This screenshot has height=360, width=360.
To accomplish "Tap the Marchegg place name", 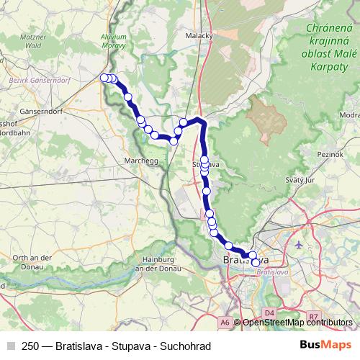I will pos(141,161).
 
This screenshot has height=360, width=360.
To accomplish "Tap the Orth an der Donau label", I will pos(25,262).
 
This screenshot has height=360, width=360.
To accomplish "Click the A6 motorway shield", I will pos(225,323).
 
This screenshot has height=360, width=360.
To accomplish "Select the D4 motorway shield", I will pos(269,312).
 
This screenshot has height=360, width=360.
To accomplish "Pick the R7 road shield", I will pos(313,316).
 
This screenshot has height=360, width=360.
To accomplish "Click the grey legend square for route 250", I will pos(11,346).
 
